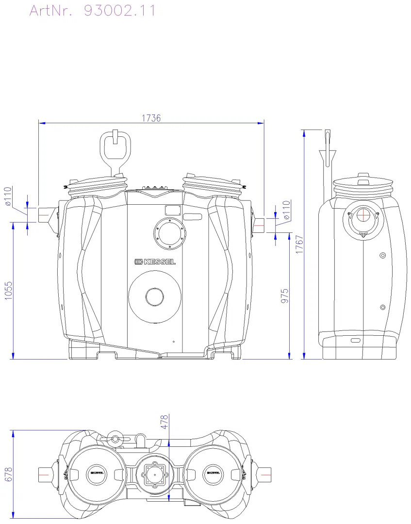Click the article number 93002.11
point(120,11)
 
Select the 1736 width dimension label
point(151,118)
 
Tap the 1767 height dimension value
point(299,244)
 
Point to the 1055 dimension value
point(8,291)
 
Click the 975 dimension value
point(284,296)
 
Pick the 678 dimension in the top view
point(8,474)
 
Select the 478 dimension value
point(164,422)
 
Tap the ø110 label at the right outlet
point(286,210)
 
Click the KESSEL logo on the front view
point(155,262)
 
